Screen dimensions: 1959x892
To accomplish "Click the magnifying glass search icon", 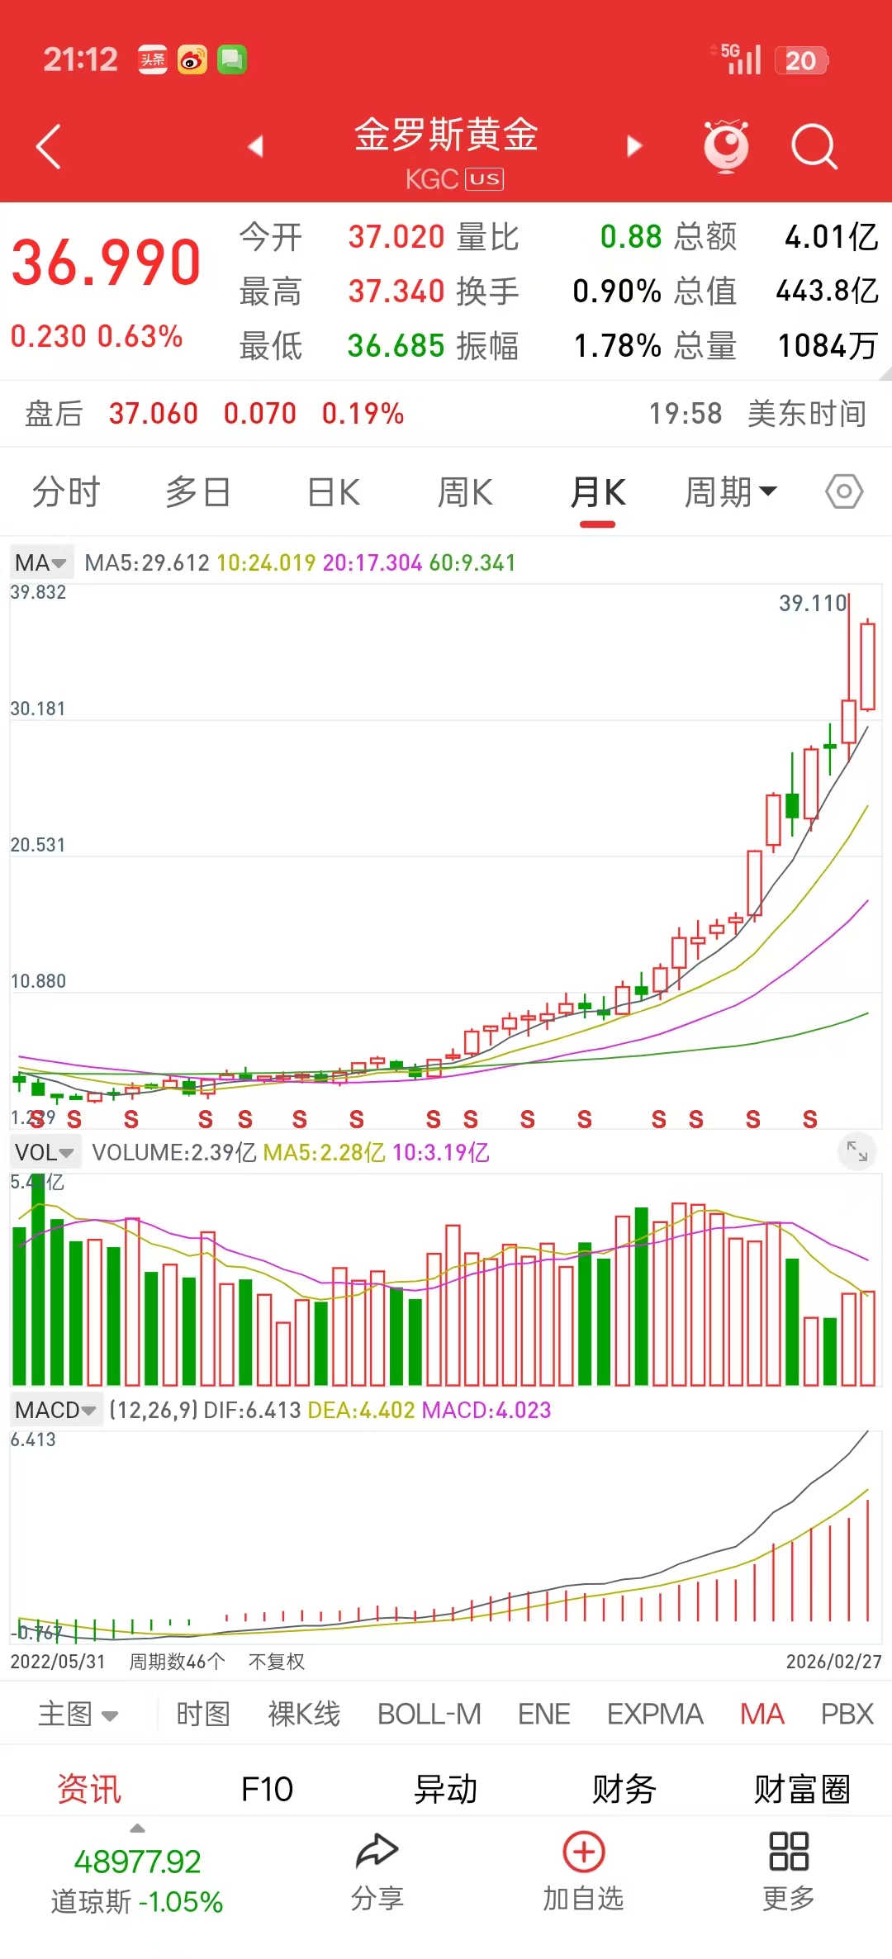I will click(814, 147).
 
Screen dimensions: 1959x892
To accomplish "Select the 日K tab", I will click(334, 493).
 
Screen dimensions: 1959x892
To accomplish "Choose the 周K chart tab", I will click(465, 493).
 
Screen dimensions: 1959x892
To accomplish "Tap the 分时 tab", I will click(66, 493).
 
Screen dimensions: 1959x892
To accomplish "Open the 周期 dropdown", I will click(730, 493).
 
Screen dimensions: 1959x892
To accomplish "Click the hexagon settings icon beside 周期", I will click(844, 492).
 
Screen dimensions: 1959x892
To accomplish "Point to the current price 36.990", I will click(106, 263).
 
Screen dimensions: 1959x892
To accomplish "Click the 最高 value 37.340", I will click(396, 292).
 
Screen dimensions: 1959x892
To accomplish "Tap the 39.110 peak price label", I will click(813, 604).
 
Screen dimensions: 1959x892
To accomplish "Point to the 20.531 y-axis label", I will click(38, 845).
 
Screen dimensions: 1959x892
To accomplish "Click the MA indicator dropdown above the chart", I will click(40, 563).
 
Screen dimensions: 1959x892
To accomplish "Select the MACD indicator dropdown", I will click(55, 1410).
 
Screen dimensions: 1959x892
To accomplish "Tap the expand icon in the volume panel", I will click(857, 1150).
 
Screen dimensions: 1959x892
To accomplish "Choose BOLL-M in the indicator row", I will click(429, 1714).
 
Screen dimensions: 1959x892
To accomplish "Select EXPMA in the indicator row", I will click(655, 1714).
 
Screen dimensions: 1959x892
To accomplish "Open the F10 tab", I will click(267, 1790).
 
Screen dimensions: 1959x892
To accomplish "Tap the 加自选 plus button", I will click(584, 1852).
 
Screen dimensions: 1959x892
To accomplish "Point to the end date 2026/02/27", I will click(833, 1662).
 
